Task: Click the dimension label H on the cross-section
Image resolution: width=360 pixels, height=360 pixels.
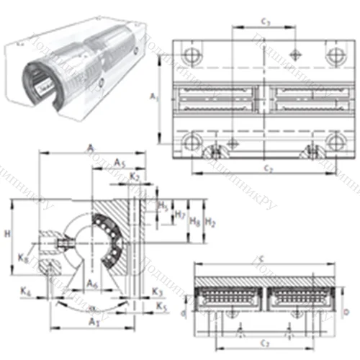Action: coord(7,234)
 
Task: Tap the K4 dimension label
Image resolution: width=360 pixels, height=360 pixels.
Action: coord(27,292)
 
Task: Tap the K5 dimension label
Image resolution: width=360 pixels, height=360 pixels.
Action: coord(160,307)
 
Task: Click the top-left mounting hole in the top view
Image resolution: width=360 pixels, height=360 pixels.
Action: coord(190,55)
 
